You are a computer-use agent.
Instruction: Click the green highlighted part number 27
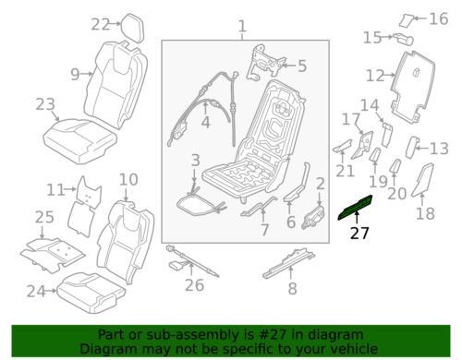pyautogui.click(x=355, y=207)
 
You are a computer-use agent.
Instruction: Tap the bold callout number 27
pyautogui.click(x=359, y=234)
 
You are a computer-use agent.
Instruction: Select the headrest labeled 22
pyautogui.click(x=133, y=27)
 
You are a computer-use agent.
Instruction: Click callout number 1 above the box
pyautogui.click(x=242, y=26)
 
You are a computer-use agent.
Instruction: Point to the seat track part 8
pyautogui.click(x=288, y=262)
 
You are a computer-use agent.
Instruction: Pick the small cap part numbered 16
pyautogui.click(x=406, y=20)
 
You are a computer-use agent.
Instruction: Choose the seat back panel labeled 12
pyautogui.click(x=413, y=88)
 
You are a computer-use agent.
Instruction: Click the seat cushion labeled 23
pyautogui.click(x=80, y=141)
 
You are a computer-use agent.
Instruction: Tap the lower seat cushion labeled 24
pyautogui.click(x=91, y=293)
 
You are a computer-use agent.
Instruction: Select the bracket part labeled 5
pyautogui.click(x=265, y=64)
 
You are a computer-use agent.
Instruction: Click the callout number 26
pyautogui.click(x=194, y=285)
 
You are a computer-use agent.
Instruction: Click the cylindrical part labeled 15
pyautogui.click(x=403, y=39)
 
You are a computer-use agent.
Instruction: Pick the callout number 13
pyautogui.click(x=440, y=149)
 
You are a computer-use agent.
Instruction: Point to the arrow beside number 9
pyautogui.click(x=87, y=74)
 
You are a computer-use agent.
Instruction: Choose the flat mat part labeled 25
pyautogui.click(x=52, y=254)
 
